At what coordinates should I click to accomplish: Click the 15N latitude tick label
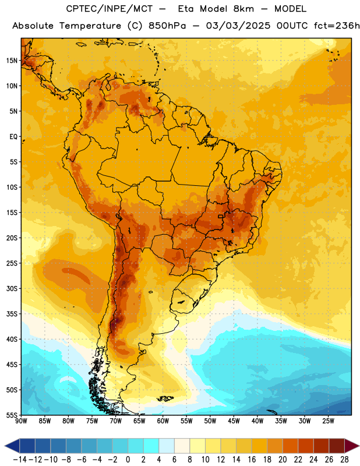(x=12, y=61)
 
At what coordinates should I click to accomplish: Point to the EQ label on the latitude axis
(x=13, y=137)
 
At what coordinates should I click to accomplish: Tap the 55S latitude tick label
(x=12, y=415)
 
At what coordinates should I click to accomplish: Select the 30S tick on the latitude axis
(x=12, y=288)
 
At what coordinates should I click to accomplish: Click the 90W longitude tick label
(x=21, y=421)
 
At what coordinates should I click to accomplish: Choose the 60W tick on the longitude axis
(x=163, y=421)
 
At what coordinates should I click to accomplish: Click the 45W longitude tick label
(x=234, y=421)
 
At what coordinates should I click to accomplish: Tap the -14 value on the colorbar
(x=20, y=460)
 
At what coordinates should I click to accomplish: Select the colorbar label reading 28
(x=344, y=460)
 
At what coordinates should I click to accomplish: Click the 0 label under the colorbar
(x=128, y=460)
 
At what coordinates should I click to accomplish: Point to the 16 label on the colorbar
(x=252, y=460)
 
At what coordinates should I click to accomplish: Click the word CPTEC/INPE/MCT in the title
(x=109, y=9)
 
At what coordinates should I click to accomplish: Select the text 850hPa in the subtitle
(x=167, y=26)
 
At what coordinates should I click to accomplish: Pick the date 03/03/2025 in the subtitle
(x=238, y=26)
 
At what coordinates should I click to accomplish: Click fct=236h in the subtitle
(x=337, y=26)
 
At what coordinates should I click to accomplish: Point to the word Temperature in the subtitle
(x=90, y=26)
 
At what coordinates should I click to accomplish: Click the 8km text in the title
(x=243, y=9)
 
